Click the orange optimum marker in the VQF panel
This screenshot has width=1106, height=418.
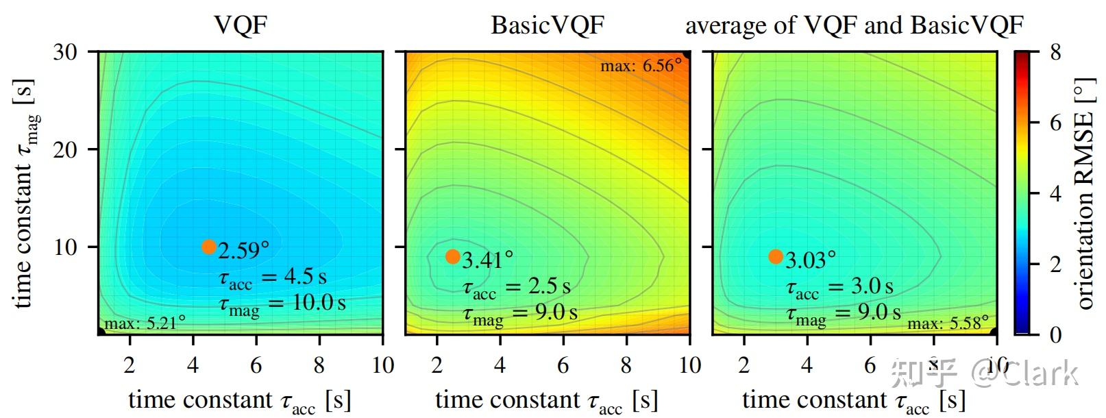[x=209, y=247]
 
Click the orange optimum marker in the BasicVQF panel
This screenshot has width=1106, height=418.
[x=453, y=256]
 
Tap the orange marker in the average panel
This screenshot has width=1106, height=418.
[x=776, y=256]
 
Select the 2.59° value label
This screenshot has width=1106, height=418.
[x=244, y=250]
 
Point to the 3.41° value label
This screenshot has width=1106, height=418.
[x=488, y=260]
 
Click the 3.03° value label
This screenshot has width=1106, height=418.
[x=811, y=260]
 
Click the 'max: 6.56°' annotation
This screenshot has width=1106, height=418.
[x=641, y=66]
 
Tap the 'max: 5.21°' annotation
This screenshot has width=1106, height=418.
[x=145, y=323]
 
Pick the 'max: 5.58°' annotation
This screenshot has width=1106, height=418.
[x=948, y=323]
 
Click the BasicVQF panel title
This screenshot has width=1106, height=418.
[x=548, y=25]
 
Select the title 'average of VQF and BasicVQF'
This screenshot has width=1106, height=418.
[x=854, y=25]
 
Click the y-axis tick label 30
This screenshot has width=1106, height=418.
[x=66, y=52]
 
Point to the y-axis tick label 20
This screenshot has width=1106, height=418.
[x=66, y=149]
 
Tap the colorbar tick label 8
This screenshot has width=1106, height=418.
[x=1056, y=52]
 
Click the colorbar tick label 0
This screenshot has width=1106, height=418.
[x=1056, y=334]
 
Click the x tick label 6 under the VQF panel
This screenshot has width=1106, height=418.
[x=256, y=365]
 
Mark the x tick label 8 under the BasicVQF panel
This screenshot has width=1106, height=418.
[x=626, y=365]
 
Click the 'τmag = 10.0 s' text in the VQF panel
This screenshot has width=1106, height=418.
[x=282, y=304]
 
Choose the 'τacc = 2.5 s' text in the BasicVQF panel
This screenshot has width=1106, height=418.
[x=517, y=287]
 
